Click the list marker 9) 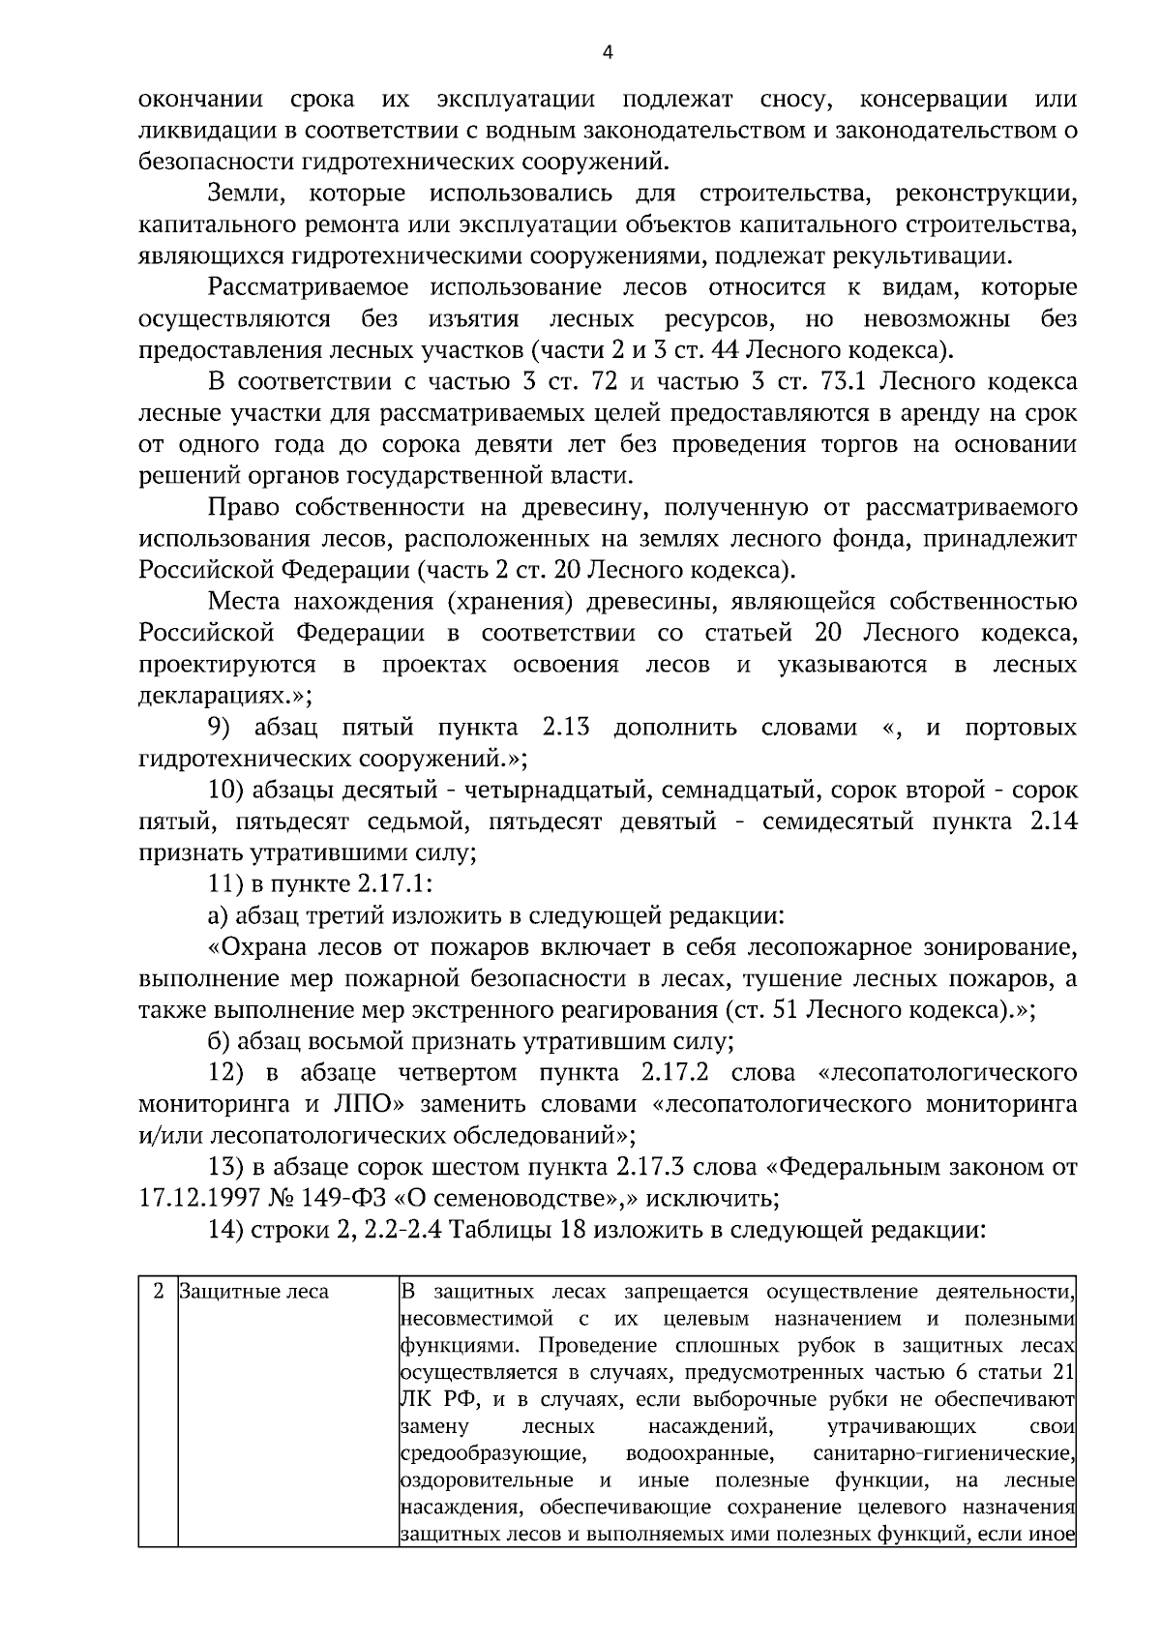point(223,728)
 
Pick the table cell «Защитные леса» point(254,1292)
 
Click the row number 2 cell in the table point(158,1292)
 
